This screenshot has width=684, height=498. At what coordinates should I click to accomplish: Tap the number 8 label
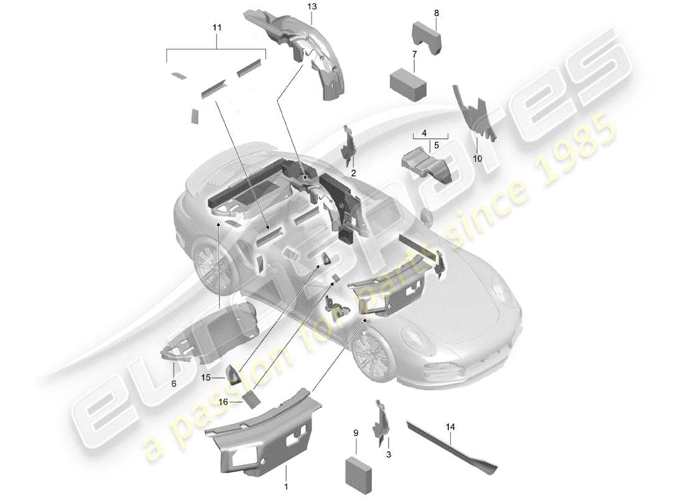pyautogui.click(x=436, y=12)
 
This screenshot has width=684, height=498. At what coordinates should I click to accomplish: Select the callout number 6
pyautogui.click(x=173, y=383)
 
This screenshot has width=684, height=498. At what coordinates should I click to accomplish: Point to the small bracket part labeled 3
pyautogui.click(x=380, y=421)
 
